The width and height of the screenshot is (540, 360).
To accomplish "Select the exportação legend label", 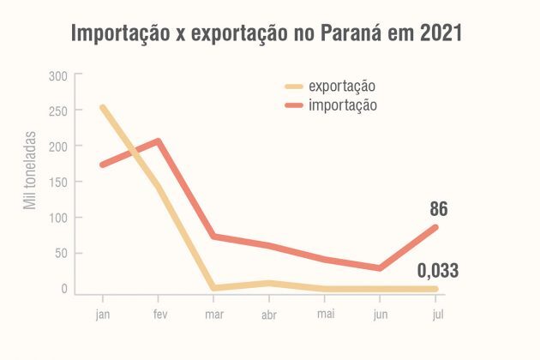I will tap(342, 86).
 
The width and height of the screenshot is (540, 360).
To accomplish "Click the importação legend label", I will tap(342, 105).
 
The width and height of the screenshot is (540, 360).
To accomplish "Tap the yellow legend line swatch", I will tap(295, 86).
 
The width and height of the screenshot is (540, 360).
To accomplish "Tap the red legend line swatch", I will tap(295, 105).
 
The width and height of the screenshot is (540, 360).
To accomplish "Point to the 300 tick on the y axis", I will tap(58, 76).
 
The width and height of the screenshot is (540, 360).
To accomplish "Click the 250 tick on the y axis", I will tap(58, 111).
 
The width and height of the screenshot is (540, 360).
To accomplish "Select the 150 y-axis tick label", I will tap(58, 183).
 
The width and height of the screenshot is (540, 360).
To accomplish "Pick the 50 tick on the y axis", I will tap(60, 254).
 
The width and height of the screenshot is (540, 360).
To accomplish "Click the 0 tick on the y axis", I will tap(63, 289).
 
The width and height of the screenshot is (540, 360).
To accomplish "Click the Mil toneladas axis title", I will tap(30, 171).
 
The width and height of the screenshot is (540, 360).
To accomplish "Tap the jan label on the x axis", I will tap(102, 313).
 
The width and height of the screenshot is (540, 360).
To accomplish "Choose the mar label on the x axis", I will tap(214, 313).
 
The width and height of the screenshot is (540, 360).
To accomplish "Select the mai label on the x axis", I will tap(327, 313).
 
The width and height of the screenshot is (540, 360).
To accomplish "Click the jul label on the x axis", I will tap(437, 313).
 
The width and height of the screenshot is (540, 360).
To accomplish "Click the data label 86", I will tap(438, 208).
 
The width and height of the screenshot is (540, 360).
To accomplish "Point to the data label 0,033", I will tap(437, 271).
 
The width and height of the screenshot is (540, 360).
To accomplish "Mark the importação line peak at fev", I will tap(159, 141).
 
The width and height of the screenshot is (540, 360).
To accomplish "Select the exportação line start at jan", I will tap(102, 108).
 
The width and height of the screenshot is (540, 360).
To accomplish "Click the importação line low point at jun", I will tap(381, 268).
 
